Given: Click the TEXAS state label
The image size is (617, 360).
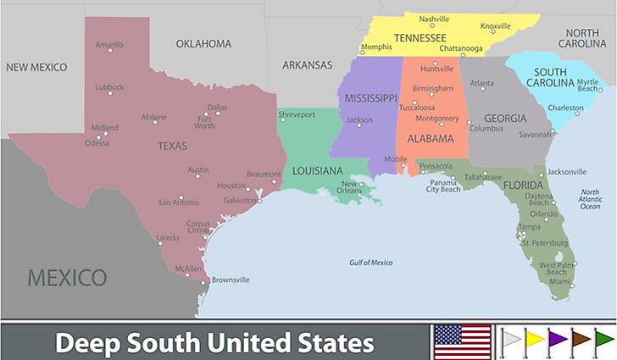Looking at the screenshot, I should click(x=172, y=146).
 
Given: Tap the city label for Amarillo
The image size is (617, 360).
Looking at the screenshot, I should click(x=109, y=45).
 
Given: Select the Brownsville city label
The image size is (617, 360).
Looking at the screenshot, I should click(x=231, y=280).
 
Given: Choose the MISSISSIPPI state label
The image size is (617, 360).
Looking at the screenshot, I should click(x=370, y=98).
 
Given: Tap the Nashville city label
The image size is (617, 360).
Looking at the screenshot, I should click(x=434, y=19).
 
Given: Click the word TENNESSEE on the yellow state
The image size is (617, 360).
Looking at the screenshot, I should click(x=420, y=38).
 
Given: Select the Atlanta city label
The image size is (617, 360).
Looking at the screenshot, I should click(x=481, y=84).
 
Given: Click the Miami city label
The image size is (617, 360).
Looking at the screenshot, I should click(x=559, y=280).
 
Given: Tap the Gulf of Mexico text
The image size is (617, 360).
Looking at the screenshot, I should click(x=370, y=263).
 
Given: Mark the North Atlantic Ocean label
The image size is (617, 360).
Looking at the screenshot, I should click(x=590, y=200).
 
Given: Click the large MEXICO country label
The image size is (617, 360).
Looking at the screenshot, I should click(x=67, y=277).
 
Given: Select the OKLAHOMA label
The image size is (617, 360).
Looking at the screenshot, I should click(x=203, y=43).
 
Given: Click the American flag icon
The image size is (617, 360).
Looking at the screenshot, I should click(x=463, y=342).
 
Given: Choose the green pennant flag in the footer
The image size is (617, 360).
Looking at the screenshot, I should click(x=603, y=341).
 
